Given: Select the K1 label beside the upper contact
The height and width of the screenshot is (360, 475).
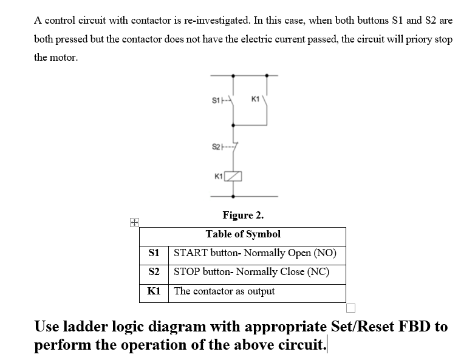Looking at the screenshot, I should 256,99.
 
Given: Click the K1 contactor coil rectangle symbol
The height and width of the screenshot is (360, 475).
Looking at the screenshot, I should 233,177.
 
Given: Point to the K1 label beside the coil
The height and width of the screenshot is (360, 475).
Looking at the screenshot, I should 219,177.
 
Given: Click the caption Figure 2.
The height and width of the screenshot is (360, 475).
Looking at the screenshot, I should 243,215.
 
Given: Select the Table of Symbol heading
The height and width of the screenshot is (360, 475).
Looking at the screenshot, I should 243,234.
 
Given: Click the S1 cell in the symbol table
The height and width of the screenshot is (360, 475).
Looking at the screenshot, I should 154,253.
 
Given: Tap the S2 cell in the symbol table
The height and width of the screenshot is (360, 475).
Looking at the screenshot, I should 154,272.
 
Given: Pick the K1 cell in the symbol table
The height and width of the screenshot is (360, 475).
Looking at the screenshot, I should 154,291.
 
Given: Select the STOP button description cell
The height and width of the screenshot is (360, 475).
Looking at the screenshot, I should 251,272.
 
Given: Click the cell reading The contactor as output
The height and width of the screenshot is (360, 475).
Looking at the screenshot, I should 224,291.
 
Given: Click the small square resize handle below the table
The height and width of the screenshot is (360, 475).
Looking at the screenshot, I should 351,307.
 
